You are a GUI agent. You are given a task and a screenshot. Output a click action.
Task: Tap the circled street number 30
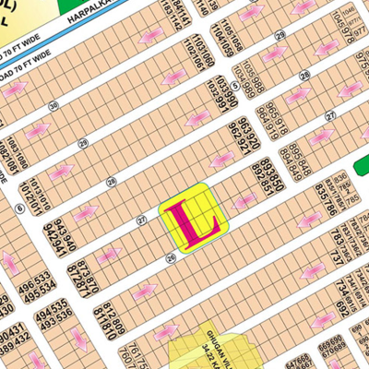[x=54, y=107]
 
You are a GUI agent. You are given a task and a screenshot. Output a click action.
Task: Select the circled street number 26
[x=171, y=259]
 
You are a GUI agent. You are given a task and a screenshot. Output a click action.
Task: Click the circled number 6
[x=19, y=208]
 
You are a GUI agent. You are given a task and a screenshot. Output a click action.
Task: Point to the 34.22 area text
[x=222, y=346]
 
